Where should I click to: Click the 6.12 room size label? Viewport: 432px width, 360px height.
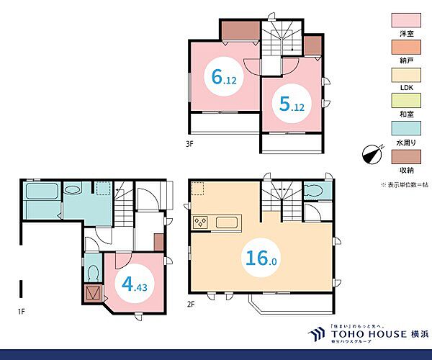point(224,77)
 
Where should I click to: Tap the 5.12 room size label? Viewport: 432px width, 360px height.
point(292,104)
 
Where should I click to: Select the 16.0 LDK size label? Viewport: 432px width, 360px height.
point(261,258)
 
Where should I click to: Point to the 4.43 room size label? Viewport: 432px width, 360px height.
point(135,284)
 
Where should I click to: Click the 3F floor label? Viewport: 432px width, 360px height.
point(189,144)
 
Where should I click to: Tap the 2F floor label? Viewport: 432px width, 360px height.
point(191,305)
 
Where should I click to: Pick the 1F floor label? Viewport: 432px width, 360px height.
point(21,312)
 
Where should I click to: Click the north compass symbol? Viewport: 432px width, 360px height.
point(373,155)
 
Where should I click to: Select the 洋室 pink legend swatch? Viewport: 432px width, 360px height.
point(406,20)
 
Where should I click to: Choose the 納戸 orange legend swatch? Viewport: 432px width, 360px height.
point(406,47)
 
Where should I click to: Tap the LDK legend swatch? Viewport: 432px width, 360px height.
point(406,75)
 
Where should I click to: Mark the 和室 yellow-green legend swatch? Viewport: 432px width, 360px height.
point(406,101)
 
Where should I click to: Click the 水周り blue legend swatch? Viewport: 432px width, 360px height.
point(406,128)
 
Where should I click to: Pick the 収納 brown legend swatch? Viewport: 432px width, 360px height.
point(406,157)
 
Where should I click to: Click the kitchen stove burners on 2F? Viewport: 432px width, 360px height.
point(200,222)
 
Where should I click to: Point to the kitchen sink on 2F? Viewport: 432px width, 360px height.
point(227,222)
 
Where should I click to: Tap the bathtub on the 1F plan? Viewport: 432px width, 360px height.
point(42,191)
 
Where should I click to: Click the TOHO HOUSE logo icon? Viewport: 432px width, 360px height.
point(317,334)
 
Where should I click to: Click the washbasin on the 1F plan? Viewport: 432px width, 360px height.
point(73,189)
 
